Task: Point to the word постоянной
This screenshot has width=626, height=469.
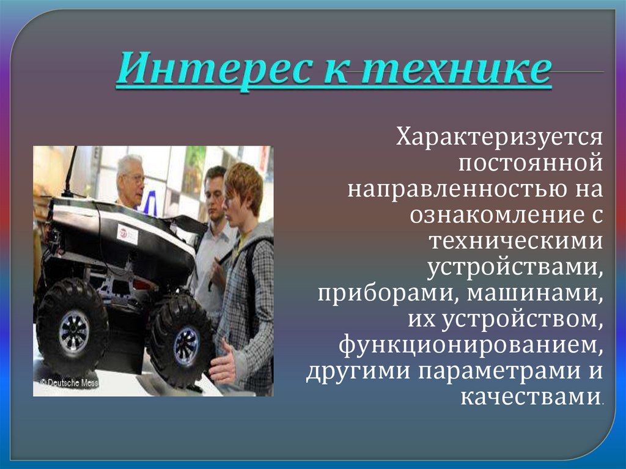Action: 530,163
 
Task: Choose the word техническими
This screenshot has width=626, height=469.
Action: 515,241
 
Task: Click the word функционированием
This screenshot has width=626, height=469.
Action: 471,345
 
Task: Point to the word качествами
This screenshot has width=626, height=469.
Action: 531,397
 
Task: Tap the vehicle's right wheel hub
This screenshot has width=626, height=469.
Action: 186,346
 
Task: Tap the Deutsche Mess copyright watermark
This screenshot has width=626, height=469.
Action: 68,383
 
